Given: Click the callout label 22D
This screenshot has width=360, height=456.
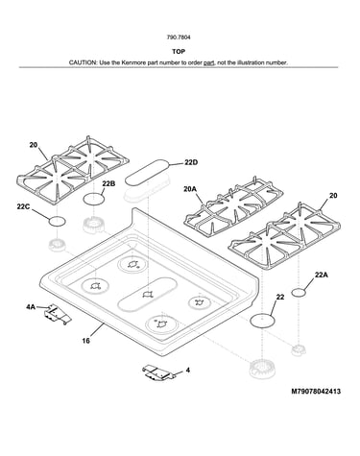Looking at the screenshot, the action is [191, 162].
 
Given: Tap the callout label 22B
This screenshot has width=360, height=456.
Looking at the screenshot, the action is [108, 183].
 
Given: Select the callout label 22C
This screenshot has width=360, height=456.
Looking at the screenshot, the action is [23, 206].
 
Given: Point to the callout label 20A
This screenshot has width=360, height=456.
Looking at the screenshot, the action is [190, 189].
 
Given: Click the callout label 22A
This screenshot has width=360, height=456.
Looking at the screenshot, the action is [322, 275].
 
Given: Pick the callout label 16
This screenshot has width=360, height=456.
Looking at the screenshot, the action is [85, 341].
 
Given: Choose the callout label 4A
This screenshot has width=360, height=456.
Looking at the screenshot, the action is [31, 307].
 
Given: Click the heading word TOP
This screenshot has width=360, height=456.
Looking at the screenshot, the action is [179, 52].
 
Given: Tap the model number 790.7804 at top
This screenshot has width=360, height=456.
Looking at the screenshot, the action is [179, 37].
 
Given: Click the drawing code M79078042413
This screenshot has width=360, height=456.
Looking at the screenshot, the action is [316, 391].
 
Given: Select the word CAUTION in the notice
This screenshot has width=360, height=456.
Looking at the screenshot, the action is [83, 62].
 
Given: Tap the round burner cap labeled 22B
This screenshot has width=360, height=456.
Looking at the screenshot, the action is [94, 199].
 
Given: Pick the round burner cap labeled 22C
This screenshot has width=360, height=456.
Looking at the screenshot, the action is [58, 221].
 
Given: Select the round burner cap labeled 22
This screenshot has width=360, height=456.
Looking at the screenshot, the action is [262, 320].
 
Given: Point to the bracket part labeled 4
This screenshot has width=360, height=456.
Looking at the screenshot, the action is [158, 372].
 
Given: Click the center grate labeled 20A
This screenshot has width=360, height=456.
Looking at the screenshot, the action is [233, 206].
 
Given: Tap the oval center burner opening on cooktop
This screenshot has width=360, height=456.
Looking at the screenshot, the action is [148, 295].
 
